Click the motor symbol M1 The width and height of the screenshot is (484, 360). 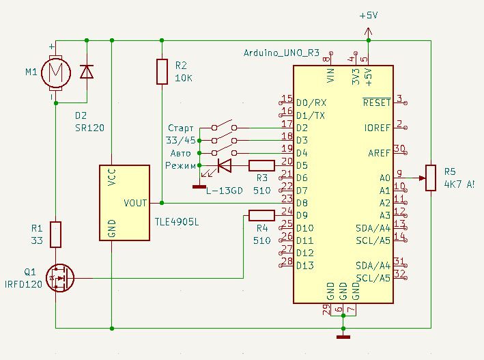pyautogui.click(x=56, y=73)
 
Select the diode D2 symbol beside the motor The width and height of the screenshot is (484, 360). pyautogui.click(x=87, y=72)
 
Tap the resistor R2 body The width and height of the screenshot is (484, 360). pyautogui.click(x=162, y=72)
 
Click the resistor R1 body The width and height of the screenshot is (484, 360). pyautogui.click(x=55, y=234)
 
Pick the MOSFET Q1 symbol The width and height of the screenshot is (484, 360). pyautogui.click(x=60, y=278)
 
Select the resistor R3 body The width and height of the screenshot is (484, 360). pyautogui.click(x=261, y=165)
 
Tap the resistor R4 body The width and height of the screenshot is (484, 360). pyautogui.click(x=261, y=215)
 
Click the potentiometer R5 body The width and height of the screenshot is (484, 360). pyautogui.click(x=431, y=178)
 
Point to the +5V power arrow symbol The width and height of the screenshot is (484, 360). pyautogui.click(x=368, y=31)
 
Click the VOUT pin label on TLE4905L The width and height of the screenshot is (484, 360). pyautogui.click(x=135, y=203)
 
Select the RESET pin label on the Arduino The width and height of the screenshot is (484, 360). pyautogui.click(x=377, y=102)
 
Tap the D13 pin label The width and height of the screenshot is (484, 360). pyautogui.click(x=305, y=266)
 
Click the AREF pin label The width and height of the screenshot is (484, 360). pyautogui.click(x=380, y=153)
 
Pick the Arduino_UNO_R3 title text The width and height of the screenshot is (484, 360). pyautogui.click(x=281, y=53)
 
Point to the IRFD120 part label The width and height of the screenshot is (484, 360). pyautogui.click(x=23, y=284)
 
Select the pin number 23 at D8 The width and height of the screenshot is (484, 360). pyautogui.click(x=287, y=198)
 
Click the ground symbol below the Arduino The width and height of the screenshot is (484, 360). pyautogui.click(x=343, y=337)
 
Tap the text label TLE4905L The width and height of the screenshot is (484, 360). pyautogui.click(x=177, y=222)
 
